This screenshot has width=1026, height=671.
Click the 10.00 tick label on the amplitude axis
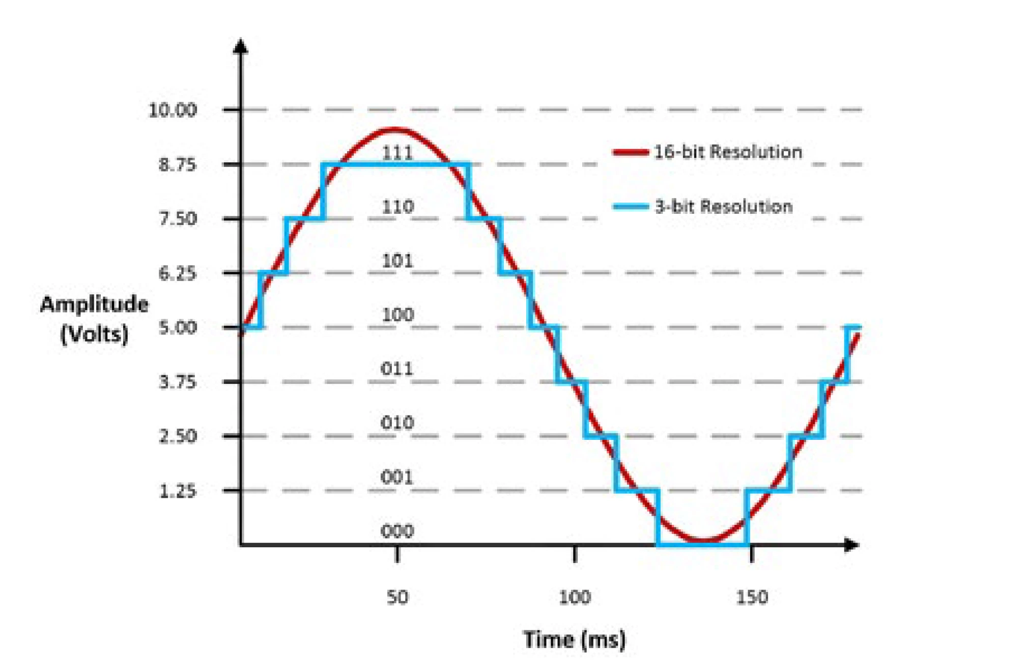[x=172, y=110]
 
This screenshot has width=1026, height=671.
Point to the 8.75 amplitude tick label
[x=177, y=164]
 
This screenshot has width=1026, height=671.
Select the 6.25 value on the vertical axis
[x=177, y=273]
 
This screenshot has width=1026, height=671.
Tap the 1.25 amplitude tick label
[x=177, y=491]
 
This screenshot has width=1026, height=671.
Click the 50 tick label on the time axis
[x=397, y=597]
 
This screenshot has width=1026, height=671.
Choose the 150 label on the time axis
[x=752, y=597]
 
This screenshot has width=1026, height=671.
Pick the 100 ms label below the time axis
[x=575, y=597]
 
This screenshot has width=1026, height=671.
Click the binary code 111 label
[x=397, y=153]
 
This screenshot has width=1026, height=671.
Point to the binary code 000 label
[x=397, y=531]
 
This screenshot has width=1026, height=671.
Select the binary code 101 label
[x=397, y=261]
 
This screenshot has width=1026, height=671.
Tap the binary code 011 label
[x=397, y=369]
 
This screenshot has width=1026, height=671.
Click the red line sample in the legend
[x=631, y=152]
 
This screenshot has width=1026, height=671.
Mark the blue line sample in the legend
[x=631, y=206]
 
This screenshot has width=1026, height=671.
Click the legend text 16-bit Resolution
[x=728, y=152]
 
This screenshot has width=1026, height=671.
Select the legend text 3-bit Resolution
[x=724, y=206]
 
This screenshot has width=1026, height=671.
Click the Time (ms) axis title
[x=575, y=639]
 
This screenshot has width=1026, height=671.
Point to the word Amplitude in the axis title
[x=94, y=304]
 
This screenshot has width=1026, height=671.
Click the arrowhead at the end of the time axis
[x=852, y=545]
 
